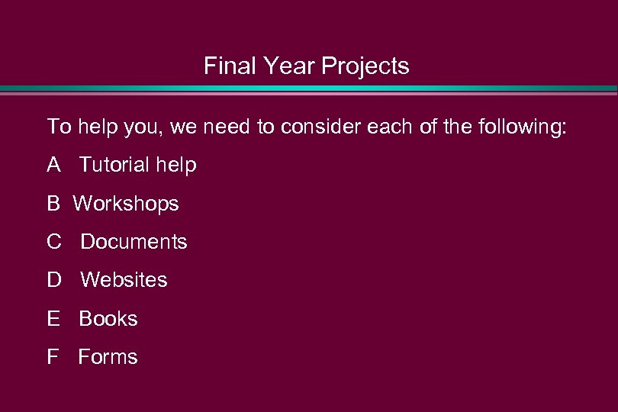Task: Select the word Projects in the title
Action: (365, 67)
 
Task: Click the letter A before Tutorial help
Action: (53, 165)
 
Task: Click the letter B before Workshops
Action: (53, 204)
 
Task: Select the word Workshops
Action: (126, 204)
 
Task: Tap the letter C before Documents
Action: (53, 242)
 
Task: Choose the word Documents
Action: (134, 242)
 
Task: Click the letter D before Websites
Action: (53, 280)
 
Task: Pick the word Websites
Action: (124, 280)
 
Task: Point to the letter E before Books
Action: (53, 318)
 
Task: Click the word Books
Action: (108, 318)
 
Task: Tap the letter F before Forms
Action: (53, 357)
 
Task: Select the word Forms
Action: (108, 357)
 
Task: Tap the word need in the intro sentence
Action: (229, 127)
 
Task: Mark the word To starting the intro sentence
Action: (58, 127)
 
